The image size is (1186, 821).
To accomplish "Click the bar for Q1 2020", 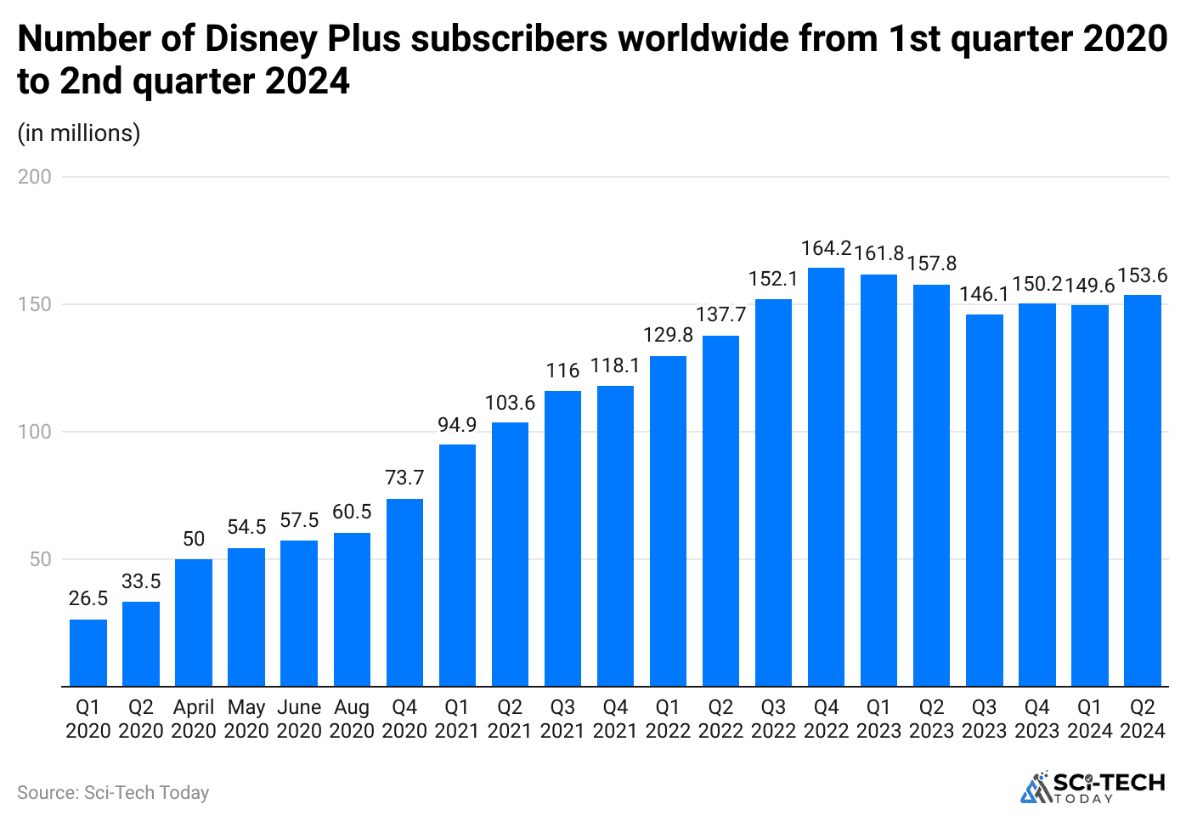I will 88,652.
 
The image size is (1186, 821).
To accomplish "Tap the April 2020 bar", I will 194,622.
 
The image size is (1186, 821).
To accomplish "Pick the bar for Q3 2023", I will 984,500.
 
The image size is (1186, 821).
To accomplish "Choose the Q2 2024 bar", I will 1142,490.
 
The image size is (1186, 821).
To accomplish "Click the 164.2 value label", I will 826,248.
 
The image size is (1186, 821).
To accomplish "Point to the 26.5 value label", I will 88,598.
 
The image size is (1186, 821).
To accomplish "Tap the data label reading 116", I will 562,371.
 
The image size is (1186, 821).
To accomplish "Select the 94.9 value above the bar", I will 457,424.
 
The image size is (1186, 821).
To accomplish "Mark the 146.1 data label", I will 984,294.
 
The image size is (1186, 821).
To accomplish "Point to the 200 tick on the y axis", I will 35,177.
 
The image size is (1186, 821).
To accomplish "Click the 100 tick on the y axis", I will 35,432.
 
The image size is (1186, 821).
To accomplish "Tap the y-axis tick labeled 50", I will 41,559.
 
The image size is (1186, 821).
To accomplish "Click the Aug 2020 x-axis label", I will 352,719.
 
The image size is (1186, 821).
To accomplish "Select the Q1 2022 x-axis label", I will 668,719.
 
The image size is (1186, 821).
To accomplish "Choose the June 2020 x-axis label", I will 299,719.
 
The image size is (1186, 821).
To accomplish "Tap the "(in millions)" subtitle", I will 79,133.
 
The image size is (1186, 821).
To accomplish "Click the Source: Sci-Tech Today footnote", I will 113,792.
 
